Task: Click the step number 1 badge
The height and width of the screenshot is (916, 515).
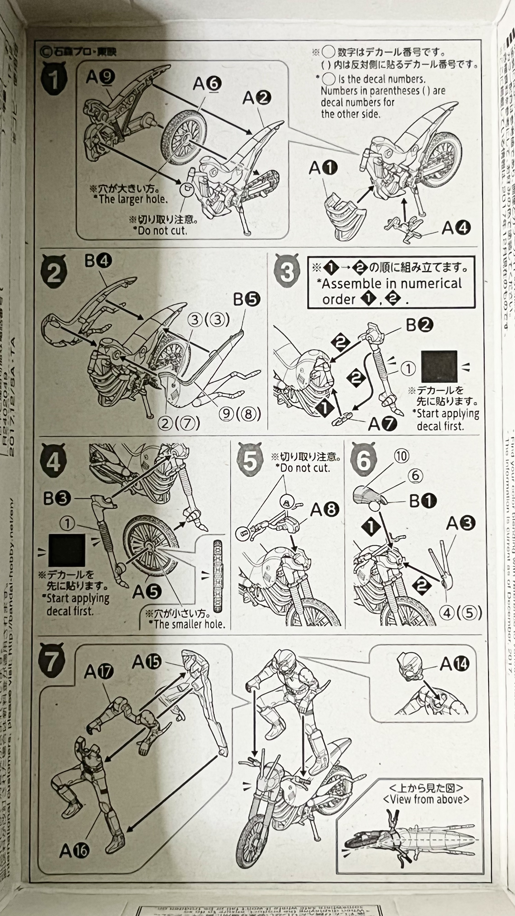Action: click(x=54, y=79)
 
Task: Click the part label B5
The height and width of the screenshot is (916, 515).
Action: click(x=247, y=299)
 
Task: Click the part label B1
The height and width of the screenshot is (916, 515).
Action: click(x=423, y=501)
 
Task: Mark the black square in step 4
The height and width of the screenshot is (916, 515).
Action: click(x=67, y=550)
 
